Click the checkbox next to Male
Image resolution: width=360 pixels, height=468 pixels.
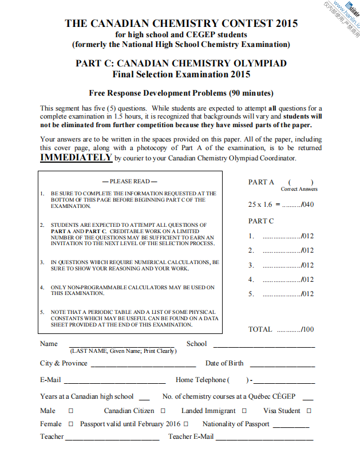tap(71, 411)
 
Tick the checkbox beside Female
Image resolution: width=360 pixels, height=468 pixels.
tap(71, 424)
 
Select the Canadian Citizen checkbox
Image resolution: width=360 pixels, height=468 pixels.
tap(163, 411)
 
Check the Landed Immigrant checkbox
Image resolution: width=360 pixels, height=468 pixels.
tap(244, 411)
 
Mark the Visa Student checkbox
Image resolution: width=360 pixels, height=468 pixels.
tap(309, 411)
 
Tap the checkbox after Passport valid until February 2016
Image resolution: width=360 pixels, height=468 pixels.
tap(185, 424)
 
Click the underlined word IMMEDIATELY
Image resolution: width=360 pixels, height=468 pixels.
tap(76, 158)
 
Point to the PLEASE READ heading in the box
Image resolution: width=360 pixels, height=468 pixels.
tap(130, 182)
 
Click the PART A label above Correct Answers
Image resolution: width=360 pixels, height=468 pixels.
tap(261, 182)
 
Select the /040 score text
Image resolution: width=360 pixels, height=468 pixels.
tap(307, 204)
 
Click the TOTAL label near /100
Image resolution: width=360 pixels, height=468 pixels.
tap(260, 329)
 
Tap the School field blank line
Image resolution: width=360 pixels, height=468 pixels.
tap(264, 347)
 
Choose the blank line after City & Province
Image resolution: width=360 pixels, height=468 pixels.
tap(143, 366)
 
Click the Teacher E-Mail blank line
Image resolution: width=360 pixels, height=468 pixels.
tap(264, 439)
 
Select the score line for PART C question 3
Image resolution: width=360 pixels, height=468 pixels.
tap(283, 266)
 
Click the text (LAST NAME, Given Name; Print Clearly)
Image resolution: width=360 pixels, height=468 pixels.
tap(123, 351)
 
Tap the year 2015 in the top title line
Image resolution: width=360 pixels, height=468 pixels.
tap(286, 23)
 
